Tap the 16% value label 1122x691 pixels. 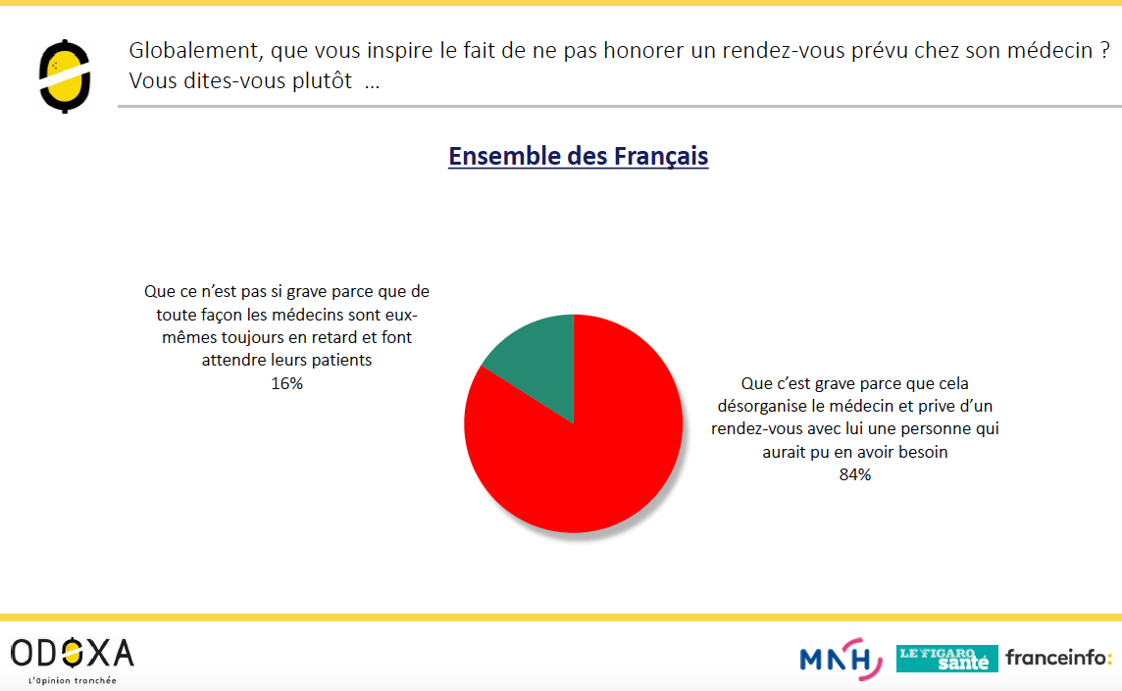(x=287, y=383)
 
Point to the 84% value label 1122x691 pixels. (x=855, y=475)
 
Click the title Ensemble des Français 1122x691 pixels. (x=579, y=156)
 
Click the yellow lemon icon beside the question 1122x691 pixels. (x=65, y=76)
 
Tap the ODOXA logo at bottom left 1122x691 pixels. (x=73, y=654)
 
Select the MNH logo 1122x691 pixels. (x=841, y=658)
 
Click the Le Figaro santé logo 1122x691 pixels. (x=946, y=659)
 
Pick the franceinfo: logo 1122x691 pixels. (x=1058, y=658)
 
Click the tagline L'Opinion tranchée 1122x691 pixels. (x=73, y=680)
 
